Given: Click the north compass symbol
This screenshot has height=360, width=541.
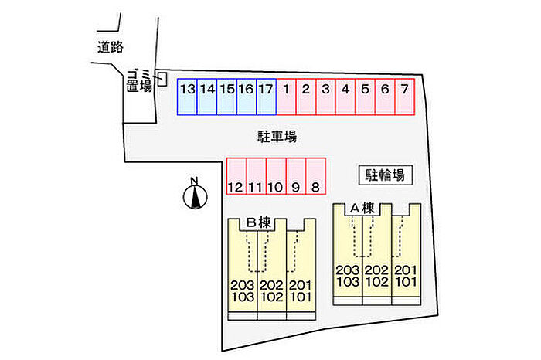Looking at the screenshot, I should pyautogui.click(x=196, y=195).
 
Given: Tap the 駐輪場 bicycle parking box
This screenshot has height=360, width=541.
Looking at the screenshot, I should pyautogui.click(x=385, y=175).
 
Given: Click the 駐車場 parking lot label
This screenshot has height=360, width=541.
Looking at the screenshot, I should pyautogui.click(x=277, y=137).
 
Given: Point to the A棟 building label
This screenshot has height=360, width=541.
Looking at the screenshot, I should pyautogui.click(x=362, y=208).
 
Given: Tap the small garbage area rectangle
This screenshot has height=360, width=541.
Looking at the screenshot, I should pyautogui.click(x=162, y=77).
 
